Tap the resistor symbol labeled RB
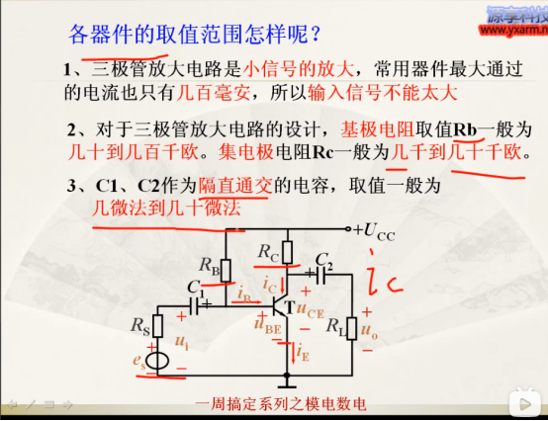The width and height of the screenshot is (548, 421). pyautogui.click(x=227, y=268)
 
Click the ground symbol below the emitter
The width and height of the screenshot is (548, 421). pyautogui.click(x=286, y=380)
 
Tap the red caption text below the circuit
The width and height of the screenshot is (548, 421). pyautogui.click(x=282, y=402)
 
